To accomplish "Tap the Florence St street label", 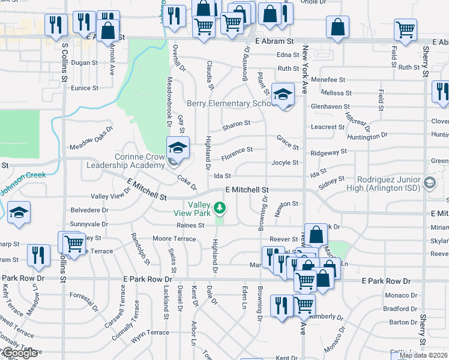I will (x=237, y=149).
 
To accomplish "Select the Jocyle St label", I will (x=285, y=163).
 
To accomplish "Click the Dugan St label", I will (x=84, y=62).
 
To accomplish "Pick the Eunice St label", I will (x=85, y=88).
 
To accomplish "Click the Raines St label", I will (x=191, y=225).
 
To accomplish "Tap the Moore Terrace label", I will (x=174, y=239).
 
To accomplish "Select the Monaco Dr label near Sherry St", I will (x=400, y=295).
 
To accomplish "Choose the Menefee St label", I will (x=328, y=79).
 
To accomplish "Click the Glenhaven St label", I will (x=330, y=106).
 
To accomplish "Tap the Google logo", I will (x=20, y=353).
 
